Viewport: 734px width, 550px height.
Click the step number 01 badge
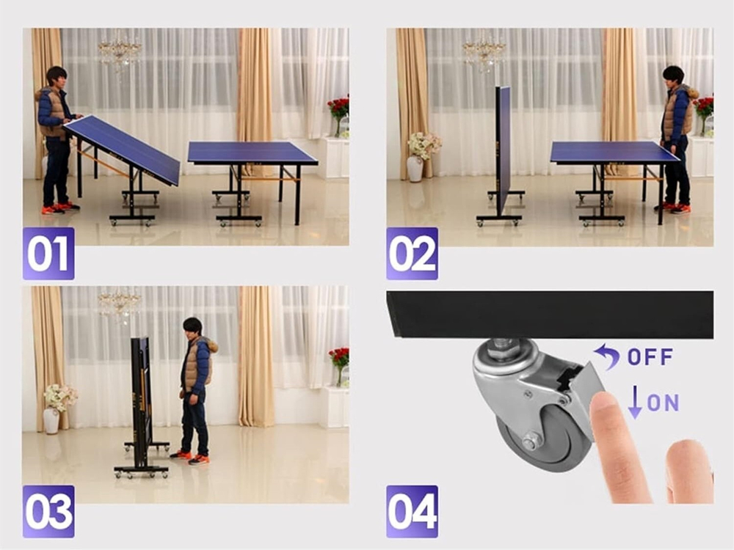pyautogui.click(x=48, y=254)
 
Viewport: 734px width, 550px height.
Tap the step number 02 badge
pyautogui.click(x=412, y=254)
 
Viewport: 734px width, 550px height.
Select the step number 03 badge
pyautogui.click(x=48, y=511)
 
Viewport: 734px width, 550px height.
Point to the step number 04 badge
pyautogui.click(x=412, y=511)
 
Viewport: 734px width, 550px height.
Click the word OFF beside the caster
pyautogui.click(x=650, y=357)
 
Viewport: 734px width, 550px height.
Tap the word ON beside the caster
pyautogui.click(x=663, y=402)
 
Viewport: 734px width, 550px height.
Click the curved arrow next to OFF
pyautogui.click(x=607, y=356)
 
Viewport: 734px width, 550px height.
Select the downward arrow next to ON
pyautogui.click(x=635, y=402)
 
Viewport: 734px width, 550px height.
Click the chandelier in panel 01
pyautogui.click(x=120, y=51)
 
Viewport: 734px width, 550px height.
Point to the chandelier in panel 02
pyautogui.click(x=484, y=51)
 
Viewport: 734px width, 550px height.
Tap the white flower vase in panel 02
pyautogui.click(x=415, y=169)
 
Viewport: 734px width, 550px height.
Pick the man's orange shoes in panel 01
pyautogui.click(x=60, y=208)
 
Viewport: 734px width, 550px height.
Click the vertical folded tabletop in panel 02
pyautogui.click(x=503, y=150)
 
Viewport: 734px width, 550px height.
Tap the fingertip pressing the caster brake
pyautogui.click(x=604, y=401)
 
